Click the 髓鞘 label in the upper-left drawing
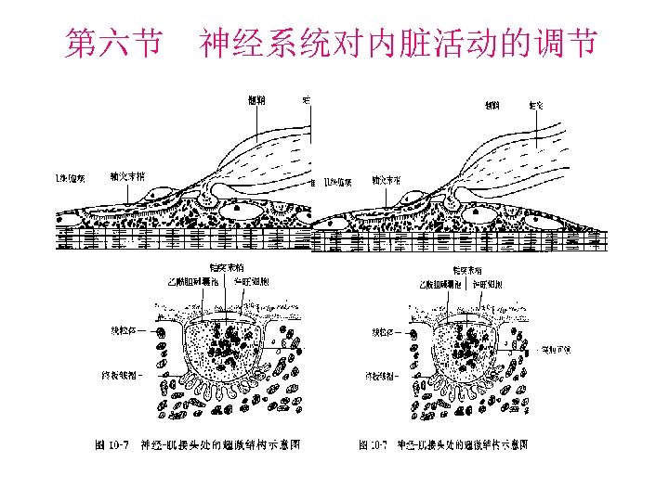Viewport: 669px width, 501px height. (x=256, y=101)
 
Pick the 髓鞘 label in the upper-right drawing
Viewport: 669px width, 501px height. (x=493, y=107)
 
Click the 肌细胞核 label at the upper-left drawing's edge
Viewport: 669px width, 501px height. (x=68, y=178)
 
